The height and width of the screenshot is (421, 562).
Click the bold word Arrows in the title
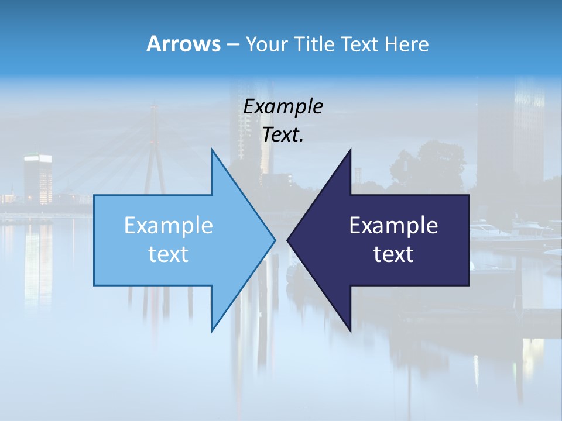point(183,44)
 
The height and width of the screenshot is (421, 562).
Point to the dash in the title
point(232,44)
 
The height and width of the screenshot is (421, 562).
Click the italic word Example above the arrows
point(283,107)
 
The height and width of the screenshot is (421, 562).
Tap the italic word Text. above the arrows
point(283,135)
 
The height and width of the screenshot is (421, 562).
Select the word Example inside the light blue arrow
point(169,225)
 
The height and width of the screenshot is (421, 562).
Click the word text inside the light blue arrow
point(169,254)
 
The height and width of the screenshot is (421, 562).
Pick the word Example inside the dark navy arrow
point(393,225)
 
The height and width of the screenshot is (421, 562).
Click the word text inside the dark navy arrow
point(393,254)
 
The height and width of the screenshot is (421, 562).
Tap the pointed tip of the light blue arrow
point(275,240)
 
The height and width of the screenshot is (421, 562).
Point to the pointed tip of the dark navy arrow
point(287,240)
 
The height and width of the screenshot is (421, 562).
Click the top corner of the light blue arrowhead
point(212,150)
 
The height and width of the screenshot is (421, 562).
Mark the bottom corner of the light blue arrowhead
point(212,331)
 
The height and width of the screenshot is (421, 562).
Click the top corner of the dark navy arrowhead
point(350,150)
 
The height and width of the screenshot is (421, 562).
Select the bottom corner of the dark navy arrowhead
point(350,331)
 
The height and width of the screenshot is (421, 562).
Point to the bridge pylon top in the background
point(154,108)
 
